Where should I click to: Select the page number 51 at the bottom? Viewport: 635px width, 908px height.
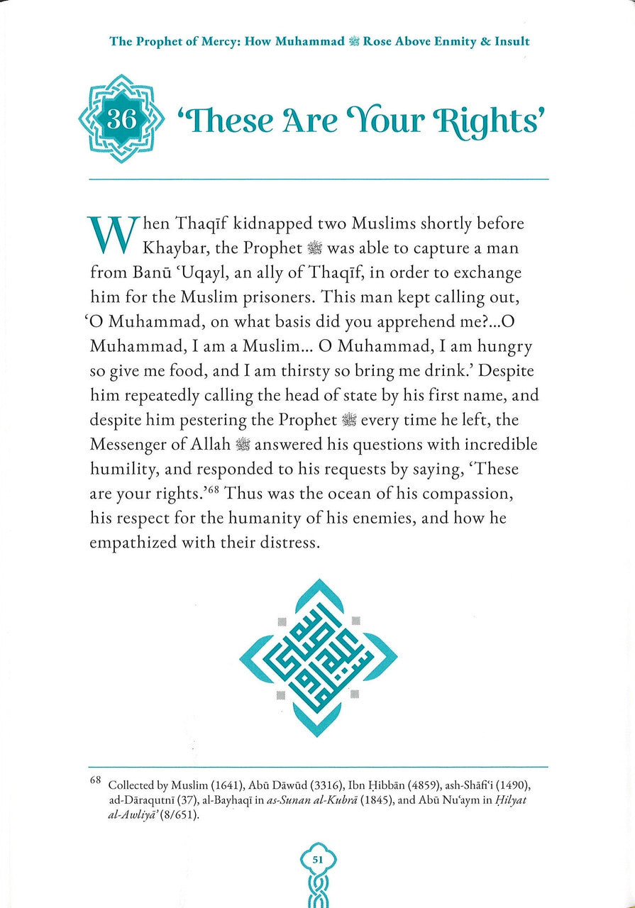pyautogui.click(x=318, y=860)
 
